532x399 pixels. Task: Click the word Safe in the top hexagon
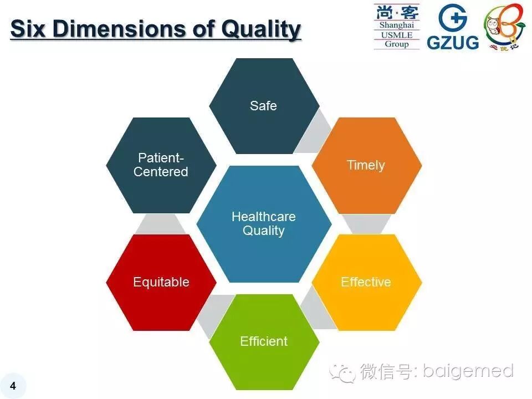(263, 105)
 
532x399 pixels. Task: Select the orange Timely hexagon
(366, 165)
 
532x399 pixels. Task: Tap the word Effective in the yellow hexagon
(366, 282)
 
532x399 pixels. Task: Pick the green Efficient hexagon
(264, 341)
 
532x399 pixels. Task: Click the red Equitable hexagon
(161, 282)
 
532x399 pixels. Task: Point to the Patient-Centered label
(161, 165)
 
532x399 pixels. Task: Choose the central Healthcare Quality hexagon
(264, 224)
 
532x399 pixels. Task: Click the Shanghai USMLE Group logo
(396, 27)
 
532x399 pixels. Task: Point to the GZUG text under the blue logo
(452, 42)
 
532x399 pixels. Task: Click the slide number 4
(13, 386)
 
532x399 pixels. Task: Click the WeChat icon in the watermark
(342, 372)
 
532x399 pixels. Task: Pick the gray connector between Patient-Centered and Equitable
(161, 224)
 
